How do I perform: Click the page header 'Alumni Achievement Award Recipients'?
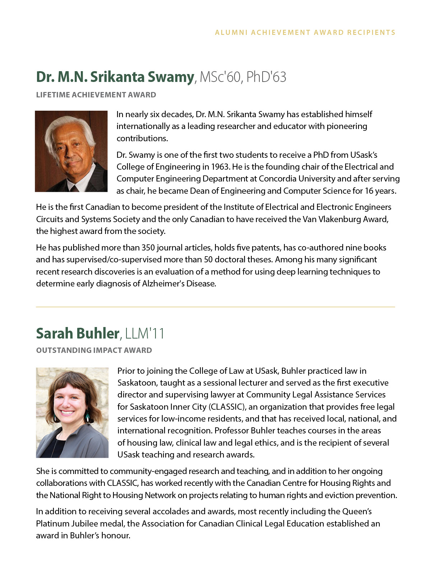pyautogui.click(x=305, y=32)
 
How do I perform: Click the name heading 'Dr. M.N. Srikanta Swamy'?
pyautogui.click(x=115, y=77)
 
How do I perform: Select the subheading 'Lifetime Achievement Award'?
pyautogui.click(x=96, y=95)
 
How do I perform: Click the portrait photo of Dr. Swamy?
pyautogui.click(x=71, y=151)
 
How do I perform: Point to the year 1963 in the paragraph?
pyautogui.click(x=220, y=167)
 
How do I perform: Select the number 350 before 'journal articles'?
pyautogui.click(x=148, y=248)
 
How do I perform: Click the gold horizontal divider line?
pyautogui.click(x=215, y=307)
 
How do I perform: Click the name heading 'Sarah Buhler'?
pyautogui.click(x=78, y=333)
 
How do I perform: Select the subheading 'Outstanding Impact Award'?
pyautogui.click(x=94, y=350)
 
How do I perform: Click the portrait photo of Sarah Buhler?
pyautogui.click(x=72, y=413)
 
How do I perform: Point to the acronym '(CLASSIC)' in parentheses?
pyautogui.click(x=228, y=407)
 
